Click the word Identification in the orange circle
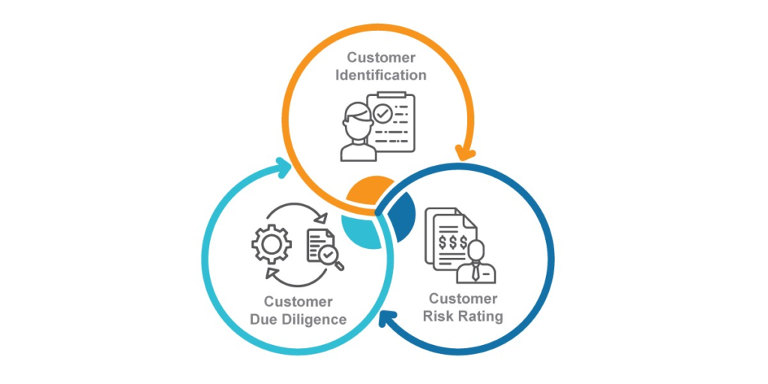tap(381, 75)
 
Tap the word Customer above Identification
tap(380, 57)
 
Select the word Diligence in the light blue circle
tap(316, 319)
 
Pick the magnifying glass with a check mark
tap(330, 256)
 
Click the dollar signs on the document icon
tap(453, 241)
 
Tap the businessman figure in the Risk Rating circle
tap(476, 262)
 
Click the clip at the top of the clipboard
tap(390, 96)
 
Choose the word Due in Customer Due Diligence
tap(268, 319)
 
